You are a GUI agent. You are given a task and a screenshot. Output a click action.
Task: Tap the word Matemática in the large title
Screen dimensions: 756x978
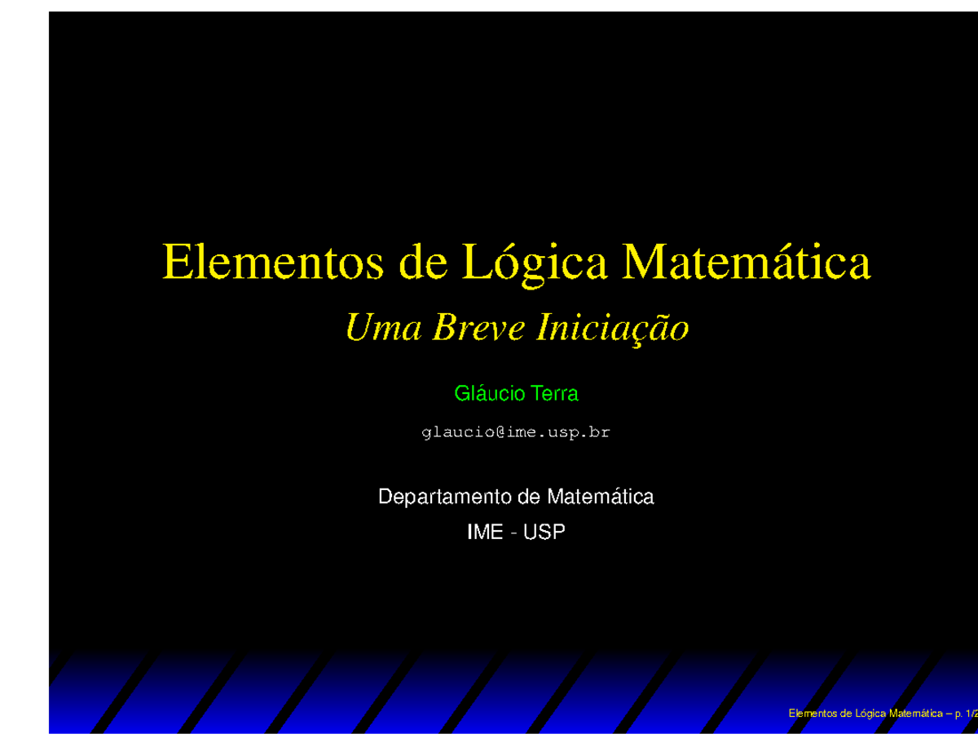746,261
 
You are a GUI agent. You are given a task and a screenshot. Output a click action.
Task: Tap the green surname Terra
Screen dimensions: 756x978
554,394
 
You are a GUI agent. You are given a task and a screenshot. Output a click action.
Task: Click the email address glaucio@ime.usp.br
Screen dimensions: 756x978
515,434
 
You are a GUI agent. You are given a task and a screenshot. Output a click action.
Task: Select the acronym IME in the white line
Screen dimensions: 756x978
484,533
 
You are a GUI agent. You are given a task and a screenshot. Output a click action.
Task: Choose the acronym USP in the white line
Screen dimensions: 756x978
544,533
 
